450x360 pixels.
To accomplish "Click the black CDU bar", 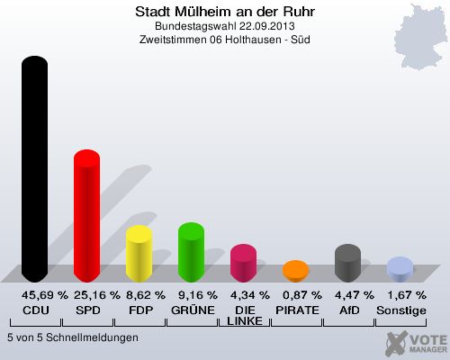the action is [x=34, y=169].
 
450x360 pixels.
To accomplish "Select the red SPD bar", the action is [x=86, y=216].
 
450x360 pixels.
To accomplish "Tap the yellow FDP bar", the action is [x=139, y=254].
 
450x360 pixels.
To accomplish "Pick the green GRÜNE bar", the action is [x=191, y=252].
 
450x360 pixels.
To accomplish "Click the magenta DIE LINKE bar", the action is [x=243, y=263].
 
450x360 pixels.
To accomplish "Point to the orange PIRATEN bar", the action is [x=295, y=271].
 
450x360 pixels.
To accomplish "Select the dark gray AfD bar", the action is [x=347, y=263].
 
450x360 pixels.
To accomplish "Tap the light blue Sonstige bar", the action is [x=400, y=269].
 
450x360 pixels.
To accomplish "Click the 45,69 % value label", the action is [x=45, y=295].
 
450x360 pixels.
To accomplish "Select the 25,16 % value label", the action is [x=97, y=295].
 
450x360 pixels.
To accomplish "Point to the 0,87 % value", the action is [x=302, y=295].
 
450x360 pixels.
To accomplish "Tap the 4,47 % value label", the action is [x=355, y=295].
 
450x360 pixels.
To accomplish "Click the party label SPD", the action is [x=88, y=310].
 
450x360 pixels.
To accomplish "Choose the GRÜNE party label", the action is [x=193, y=310].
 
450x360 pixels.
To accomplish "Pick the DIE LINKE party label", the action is [x=245, y=316].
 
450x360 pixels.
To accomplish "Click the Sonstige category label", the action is [x=401, y=310].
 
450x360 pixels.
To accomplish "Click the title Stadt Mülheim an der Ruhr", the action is [x=225, y=12].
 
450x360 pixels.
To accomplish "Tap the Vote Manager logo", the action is [x=417, y=343].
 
